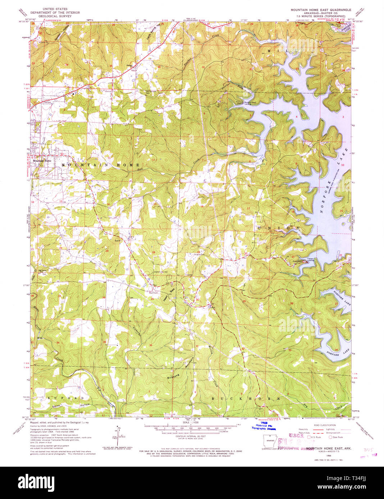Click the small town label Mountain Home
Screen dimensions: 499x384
[42, 160]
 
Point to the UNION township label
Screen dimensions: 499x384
[278, 228]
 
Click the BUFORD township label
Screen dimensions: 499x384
[65, 398]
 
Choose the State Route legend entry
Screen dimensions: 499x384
[336, 437]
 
